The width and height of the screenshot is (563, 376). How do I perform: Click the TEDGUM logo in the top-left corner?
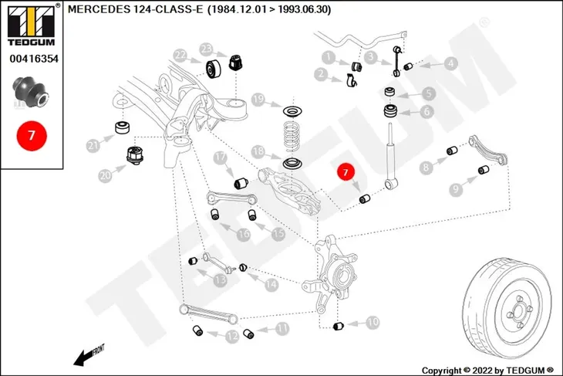(x=32, y=25)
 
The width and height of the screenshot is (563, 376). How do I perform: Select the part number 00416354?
(x=34, y=59)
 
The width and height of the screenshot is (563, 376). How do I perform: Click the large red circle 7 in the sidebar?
(x=32, y=136)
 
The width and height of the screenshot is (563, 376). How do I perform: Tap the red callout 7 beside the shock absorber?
(x=346, y=172)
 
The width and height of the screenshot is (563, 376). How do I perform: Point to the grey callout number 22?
(x=180, y=56)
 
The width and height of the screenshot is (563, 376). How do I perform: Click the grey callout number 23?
(x=206, y=49)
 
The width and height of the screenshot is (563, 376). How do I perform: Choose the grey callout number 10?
(x=373, y=322)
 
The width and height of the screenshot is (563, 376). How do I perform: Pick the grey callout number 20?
(x=105, y=176)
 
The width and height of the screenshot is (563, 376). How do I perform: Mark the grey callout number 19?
(x=258, y=100)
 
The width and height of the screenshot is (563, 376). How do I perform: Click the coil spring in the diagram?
(x=292, y=136)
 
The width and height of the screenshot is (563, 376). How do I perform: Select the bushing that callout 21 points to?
(x=123, y=127)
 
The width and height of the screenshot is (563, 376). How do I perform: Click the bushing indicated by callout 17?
(x=241, y=183)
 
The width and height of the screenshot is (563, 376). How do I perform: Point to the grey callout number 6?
(x=426, y=111)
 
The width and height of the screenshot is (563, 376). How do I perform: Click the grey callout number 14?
(x=271, y=285)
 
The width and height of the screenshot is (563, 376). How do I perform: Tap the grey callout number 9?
(x=456, y=189)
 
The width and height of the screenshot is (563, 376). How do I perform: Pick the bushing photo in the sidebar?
(x=30, y=92)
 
